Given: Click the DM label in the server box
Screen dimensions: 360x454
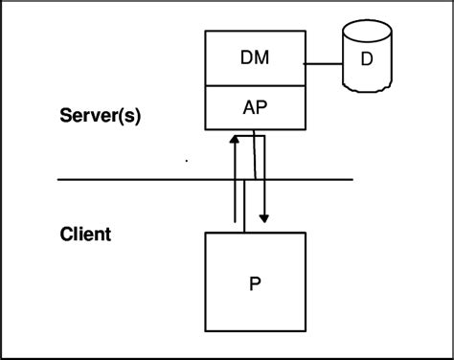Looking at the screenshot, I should coord(255,58).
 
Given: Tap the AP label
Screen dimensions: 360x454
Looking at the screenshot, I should coord(255,107).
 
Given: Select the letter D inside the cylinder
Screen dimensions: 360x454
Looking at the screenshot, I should coord(367,59).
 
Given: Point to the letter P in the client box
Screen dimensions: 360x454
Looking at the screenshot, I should coord(256,284).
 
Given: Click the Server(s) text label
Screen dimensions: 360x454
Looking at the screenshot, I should coord(102,117).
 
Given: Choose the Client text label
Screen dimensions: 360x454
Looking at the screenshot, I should coord(85,233).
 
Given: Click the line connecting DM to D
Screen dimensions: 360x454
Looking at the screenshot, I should coord(324,64).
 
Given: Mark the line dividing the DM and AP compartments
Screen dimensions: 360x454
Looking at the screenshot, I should coord(255,85).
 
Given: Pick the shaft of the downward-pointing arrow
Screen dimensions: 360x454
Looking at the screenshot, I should coord(263,191).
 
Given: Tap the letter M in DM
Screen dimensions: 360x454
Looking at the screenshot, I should coord(261,58).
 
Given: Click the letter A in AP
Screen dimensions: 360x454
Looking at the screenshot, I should coord(248,107).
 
